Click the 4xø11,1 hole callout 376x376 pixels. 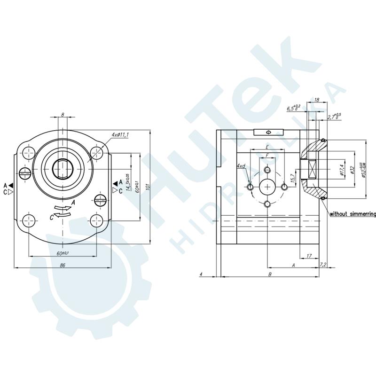(x=120, y=135)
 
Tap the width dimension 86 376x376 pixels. (x=62, y=266)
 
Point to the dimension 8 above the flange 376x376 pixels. (x=63, y=114)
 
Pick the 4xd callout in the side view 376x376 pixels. (x=241, y=166)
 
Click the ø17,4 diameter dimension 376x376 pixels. (x=342, y=170)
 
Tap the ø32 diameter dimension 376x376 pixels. (x=352, y=170)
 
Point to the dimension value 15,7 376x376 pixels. (x=293, y=179)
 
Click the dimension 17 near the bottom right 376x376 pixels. (x=309, y=256)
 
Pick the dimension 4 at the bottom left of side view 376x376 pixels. (x=201, y=274)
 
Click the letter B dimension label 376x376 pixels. (x=270, y=274)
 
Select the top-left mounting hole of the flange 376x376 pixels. (x=29, y=152)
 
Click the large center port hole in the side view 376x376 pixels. (x=267, y=187)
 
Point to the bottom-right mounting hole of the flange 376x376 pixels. (x=97, y=219)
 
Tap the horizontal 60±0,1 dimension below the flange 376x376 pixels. (x=62, y=253)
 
